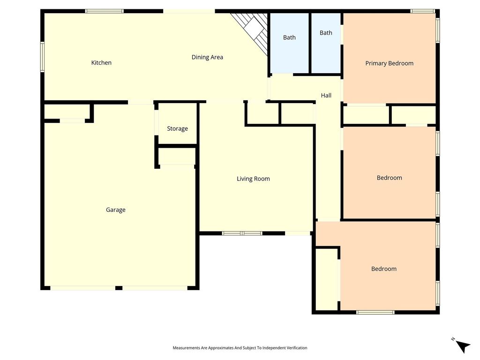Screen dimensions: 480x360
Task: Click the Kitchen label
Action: (101, 63)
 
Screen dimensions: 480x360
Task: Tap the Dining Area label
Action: (207, 57)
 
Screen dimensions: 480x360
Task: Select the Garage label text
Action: (116, 210)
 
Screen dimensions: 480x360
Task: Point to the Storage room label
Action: (178, 129)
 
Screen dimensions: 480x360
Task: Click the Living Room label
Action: (253, 179)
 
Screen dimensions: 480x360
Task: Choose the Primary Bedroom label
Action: (390, 63)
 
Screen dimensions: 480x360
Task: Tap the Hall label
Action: (326, 96)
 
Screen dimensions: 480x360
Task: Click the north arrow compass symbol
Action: (462, 346)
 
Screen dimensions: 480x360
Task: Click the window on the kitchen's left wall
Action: (42, 57)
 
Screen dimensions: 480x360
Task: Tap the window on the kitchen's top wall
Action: (105, 11)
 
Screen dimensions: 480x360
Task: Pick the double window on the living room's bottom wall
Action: (242, 233)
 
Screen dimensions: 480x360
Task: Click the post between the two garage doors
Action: (119, 288)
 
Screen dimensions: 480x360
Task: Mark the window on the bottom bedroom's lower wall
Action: (375, 312)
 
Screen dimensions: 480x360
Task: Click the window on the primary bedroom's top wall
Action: (423, 11)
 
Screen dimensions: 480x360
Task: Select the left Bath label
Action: (289, 37)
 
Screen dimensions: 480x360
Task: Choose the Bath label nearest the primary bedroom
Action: (326, 33)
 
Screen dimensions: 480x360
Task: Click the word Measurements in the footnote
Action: (186, 348)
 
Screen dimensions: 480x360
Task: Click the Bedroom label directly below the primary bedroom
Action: (390, 178)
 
